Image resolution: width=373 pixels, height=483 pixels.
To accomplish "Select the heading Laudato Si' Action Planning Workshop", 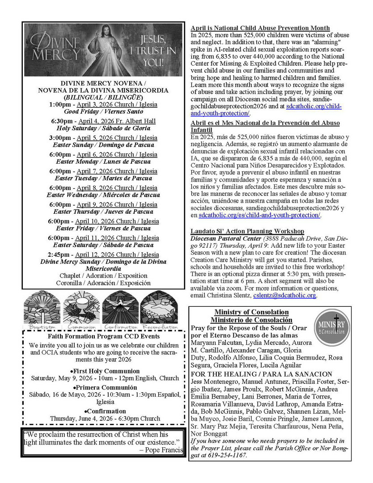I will point(247,231).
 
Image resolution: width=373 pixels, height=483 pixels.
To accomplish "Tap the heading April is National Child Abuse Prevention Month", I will point(260,28).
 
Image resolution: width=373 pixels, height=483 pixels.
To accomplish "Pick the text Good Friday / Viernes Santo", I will point(104,111).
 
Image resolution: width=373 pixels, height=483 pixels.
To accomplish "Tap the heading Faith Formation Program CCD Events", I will point(103,336).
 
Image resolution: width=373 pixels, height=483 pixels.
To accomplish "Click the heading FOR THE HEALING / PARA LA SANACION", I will point(261,374).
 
